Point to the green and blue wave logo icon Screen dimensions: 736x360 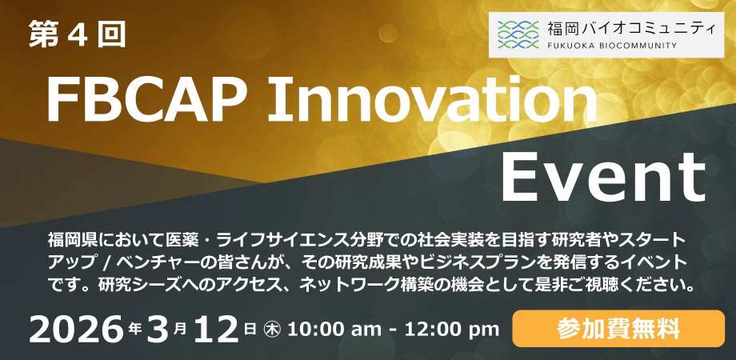518,34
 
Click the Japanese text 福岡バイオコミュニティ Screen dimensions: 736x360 632,29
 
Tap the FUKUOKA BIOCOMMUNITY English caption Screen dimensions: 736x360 612,46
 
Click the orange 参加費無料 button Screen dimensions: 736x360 618,329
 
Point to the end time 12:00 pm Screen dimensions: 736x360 450,330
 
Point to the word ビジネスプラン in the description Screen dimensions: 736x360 478,262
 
